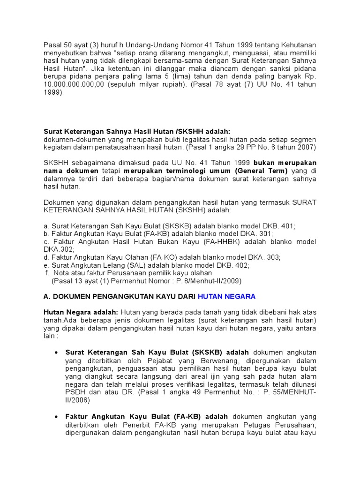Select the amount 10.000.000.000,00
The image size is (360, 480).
click(74, 84)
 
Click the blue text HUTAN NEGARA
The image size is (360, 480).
click(226, 296)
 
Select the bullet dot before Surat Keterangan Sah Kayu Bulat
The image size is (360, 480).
click(56, 352)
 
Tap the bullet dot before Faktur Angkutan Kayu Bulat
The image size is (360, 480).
click(56, 416)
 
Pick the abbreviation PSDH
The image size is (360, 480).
click(75, 392)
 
